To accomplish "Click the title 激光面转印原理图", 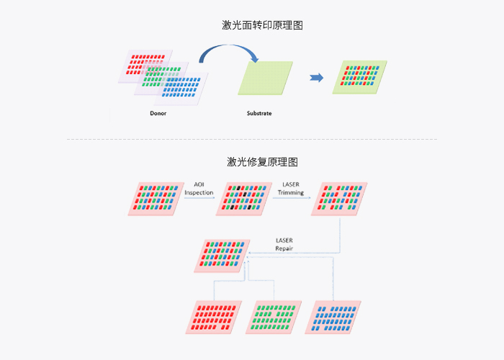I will (x=262, y=25).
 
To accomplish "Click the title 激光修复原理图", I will (x=262, y=161).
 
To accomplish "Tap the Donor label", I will (x=158, y=114).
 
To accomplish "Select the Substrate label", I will (x=259, y=114).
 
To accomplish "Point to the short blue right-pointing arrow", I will (x=316, y=78).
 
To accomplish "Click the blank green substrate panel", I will (x=265, y=77).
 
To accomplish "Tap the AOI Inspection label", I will (x=199, y=189).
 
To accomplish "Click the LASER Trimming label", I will (x=292, y=189).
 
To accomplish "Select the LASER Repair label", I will (x=284, y=244).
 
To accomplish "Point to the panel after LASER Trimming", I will (x=338, y=198).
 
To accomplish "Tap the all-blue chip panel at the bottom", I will (x=332, y=317).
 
